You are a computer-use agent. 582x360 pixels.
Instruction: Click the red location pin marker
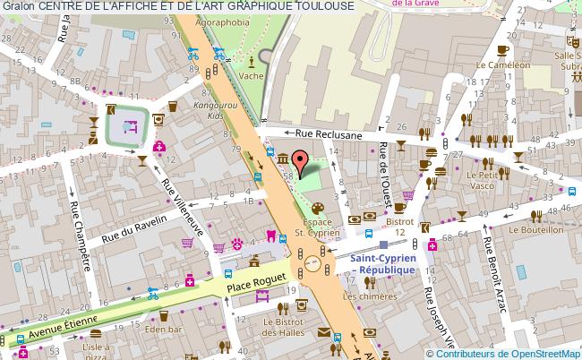(302, 161)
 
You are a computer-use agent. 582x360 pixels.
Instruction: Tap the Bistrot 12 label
(399, 226)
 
